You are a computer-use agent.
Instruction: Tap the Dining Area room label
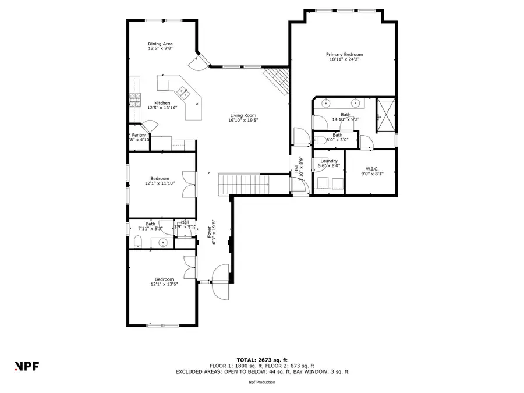click(x=160, y=44)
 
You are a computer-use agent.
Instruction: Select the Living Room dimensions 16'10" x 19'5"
click(x=243, y=120)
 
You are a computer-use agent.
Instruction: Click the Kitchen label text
click(x=162, y=103)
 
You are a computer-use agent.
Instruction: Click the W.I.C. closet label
click(x=373, y=169)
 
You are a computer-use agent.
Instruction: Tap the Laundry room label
click(x=329, y=161)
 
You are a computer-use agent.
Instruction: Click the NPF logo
click(x=26, y=366)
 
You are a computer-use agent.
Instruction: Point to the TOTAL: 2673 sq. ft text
click(x=261, y=360)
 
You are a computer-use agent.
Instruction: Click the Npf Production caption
click(x=261, y=382)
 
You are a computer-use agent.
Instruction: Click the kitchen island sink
click(x=182, y=91)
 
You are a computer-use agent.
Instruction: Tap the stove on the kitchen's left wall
click(x=134, y=99)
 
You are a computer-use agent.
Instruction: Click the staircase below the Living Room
click(x=243, y=183)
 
